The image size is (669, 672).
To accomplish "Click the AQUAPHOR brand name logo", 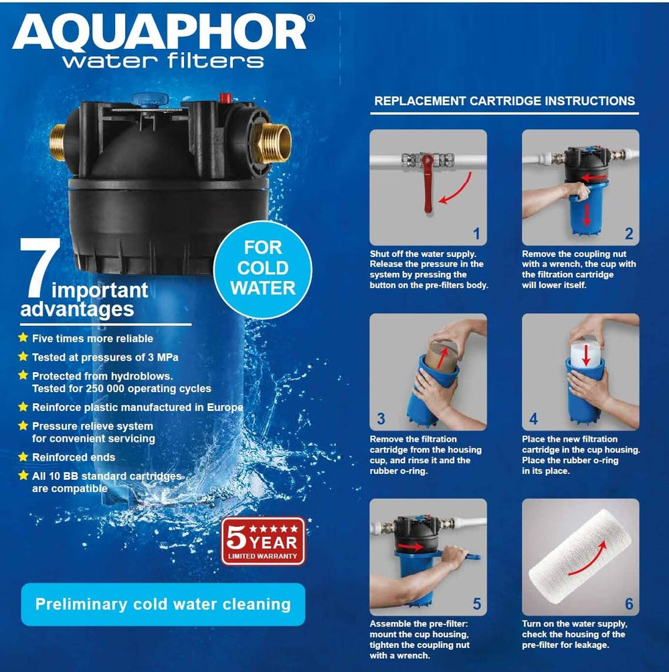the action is tap(159, 33).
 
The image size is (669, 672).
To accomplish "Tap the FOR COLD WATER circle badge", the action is tap(262, 269).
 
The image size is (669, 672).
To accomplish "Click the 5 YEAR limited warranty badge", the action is tap(263, 541).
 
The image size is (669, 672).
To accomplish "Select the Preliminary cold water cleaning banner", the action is tap(163, 604).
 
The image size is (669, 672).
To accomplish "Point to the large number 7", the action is tap(39, 268).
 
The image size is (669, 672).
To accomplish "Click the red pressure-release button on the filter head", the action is tap(225, 98).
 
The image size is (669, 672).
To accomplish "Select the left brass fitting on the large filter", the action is tap(57, 143).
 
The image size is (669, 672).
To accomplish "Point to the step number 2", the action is tap(629, 234).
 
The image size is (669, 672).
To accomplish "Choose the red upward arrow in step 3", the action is tap(443, 357).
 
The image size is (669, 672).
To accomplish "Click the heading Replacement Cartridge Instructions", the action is tap(504, 101).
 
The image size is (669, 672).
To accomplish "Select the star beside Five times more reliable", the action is tap(23, 338).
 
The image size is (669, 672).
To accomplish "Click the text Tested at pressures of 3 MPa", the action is tap(105, 357).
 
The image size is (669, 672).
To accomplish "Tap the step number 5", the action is tap(477, 604).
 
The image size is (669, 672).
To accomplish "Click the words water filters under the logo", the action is tap(163, 61).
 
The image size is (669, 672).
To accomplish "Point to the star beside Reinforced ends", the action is tap(23, 456).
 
